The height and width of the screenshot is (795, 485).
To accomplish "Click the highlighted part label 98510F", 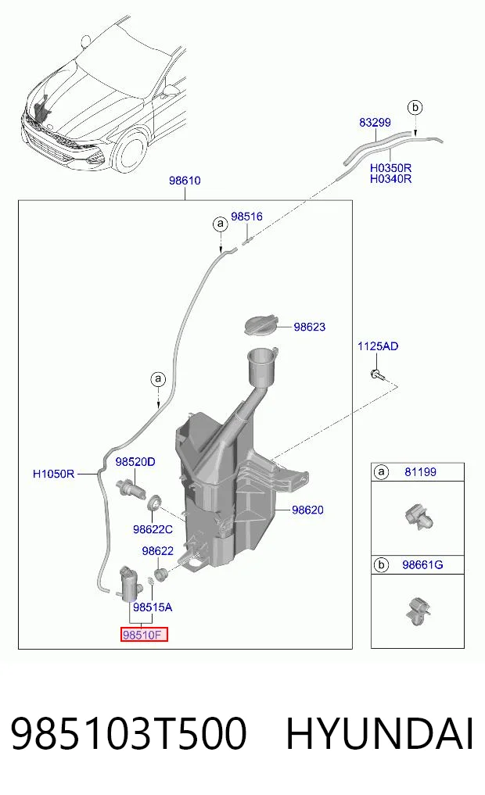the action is (x=144, y=635).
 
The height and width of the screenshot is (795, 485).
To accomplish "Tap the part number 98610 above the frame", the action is (x=185, y=181).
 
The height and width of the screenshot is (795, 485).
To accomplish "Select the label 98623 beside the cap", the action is (x=310, y=327).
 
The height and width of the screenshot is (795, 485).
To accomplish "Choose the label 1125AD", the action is (x=378, y=346).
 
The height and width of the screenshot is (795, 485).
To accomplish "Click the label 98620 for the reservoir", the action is (x=307, y=510).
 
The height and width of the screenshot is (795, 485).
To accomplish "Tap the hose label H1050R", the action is (x=53, y=474).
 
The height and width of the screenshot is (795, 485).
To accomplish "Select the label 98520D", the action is (x=135, y=462).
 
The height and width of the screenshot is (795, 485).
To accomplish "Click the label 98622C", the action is (x=153, y=529).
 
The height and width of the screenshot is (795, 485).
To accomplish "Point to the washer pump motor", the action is (x=131, y=584).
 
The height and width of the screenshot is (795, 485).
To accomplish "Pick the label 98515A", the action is (x=153, y=607).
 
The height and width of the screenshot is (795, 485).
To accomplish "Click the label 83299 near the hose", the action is (x=375, y=122).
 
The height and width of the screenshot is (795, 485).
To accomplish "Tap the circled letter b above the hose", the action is (x=415, y=108).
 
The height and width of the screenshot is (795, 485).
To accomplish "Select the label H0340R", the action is (x=390, y=179).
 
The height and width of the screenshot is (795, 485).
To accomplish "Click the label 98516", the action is (x=246, y=217).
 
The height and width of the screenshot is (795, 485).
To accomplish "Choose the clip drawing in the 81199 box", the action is (x=419, y=517).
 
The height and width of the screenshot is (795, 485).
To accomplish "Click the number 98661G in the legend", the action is (x=422, y=565).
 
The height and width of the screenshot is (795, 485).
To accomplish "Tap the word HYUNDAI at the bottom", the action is (x=379, y=733).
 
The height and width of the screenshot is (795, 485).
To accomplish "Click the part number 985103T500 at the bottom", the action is (x=128, y=733).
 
